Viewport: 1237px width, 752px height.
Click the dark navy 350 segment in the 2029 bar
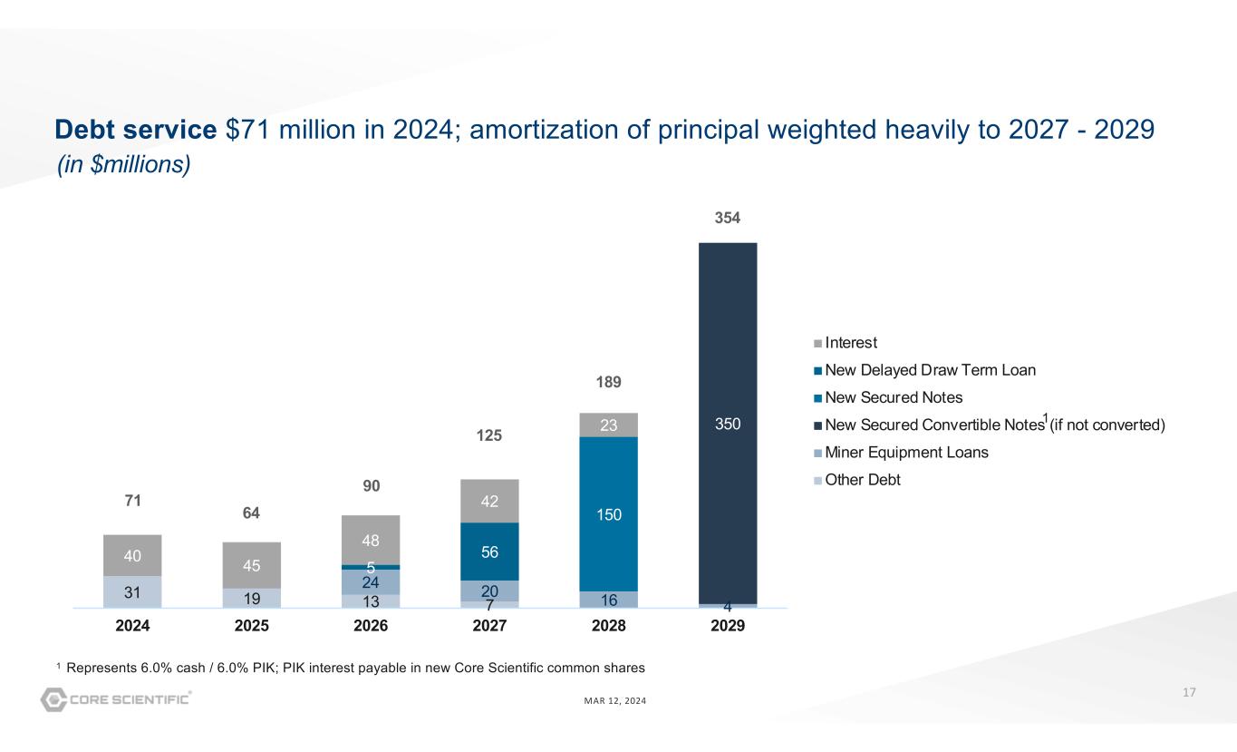[x=728, y=423]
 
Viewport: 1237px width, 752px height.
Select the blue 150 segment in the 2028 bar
[x=609, y=514]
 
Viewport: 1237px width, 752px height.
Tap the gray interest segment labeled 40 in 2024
[x=133, y=555]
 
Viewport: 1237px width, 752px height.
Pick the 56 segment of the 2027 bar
[x=490, y=552]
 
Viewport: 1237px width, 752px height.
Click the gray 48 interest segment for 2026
[x=371, y=540]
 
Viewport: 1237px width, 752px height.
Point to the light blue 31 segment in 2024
[x=133, y=591]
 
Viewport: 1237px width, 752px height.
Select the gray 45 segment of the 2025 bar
[x=252, y=565]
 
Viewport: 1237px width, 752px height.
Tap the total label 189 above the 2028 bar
[x=609, y=383]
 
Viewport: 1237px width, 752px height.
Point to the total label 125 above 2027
[x=490, y=437]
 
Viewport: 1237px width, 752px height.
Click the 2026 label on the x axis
[x=371, y=626]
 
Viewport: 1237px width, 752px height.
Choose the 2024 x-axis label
[x=133, y=626]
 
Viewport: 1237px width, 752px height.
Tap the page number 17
[x=1189, y=693]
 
